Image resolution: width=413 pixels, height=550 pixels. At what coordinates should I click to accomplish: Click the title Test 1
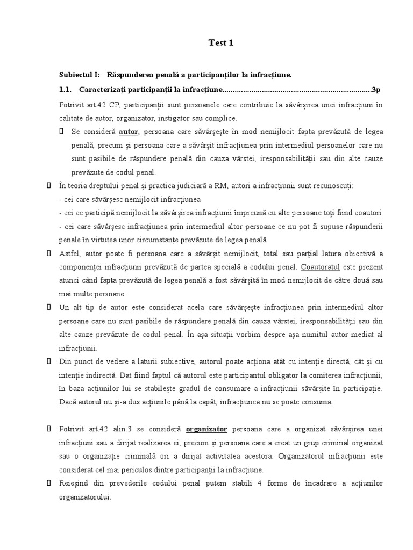221,44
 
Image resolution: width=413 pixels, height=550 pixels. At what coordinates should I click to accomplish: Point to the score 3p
376,89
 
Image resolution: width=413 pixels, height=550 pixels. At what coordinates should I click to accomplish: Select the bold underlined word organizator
207,429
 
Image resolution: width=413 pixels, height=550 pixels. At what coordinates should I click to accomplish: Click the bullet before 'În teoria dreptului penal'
48,185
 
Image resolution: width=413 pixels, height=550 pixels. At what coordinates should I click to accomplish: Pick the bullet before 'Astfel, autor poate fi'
48,253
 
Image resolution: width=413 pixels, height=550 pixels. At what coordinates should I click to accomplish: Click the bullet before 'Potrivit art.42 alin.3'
48,429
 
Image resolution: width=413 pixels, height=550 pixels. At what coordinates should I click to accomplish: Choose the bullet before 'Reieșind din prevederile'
48,483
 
